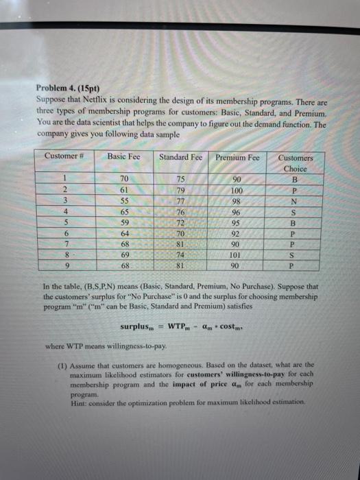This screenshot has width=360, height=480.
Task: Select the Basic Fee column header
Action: (123, 157)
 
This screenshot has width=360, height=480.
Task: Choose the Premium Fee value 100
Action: (238, 190)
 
